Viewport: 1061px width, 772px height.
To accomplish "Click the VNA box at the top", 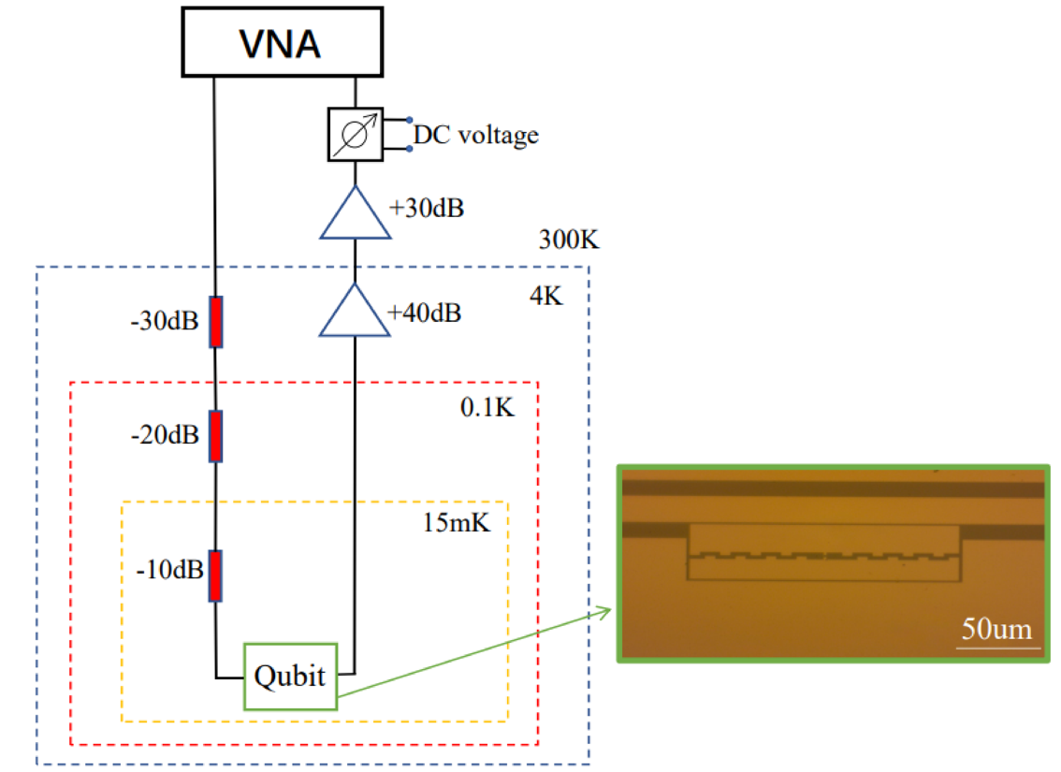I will pyautogui.click(x=281, y=43).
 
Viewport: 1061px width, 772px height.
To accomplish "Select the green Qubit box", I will pyautogui.click(x=290, y=676).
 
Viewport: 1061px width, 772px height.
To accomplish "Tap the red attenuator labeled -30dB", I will pyautogui.click(x=216, y=322).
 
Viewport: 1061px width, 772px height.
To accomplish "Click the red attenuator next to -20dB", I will pyautogui.click(x=216, y=436).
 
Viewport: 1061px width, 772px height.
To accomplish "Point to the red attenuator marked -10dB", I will pyautogui.click(x=216, y=575).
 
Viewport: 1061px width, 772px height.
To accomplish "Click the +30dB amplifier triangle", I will pyautogui.click(x=355, y=215).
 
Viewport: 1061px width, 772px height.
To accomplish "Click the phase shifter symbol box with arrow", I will pyautogui.click(x=355, y=133).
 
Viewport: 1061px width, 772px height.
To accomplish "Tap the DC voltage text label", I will pyautogui.click(x=475, y=136).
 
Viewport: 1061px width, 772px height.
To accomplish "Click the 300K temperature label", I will pyautogui.click(x=569, y=240).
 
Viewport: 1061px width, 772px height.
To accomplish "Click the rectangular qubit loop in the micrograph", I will pyautogui.click(x=824, y=552).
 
